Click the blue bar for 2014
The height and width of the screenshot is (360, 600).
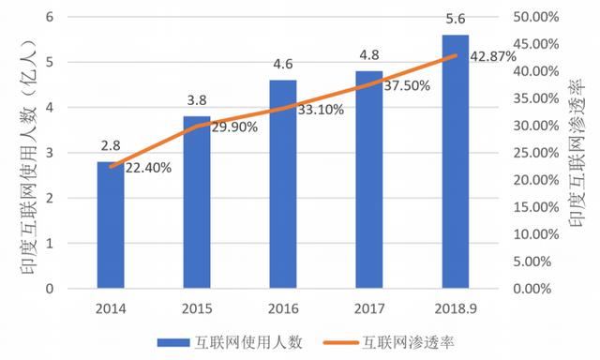coord(110,225)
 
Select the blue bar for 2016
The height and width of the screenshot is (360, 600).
coord(282,185)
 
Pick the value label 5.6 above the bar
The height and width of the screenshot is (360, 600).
coord(455,22)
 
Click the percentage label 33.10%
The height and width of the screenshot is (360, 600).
coord(321,110)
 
